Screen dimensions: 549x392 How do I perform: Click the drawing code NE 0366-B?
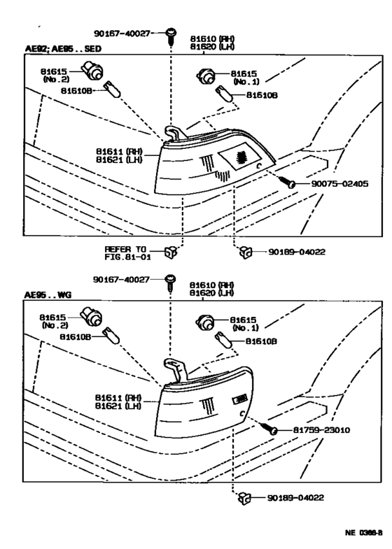(363, 532)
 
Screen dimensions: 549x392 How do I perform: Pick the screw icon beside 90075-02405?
(289, 183)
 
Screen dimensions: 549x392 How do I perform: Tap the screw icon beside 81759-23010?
(269, 428)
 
